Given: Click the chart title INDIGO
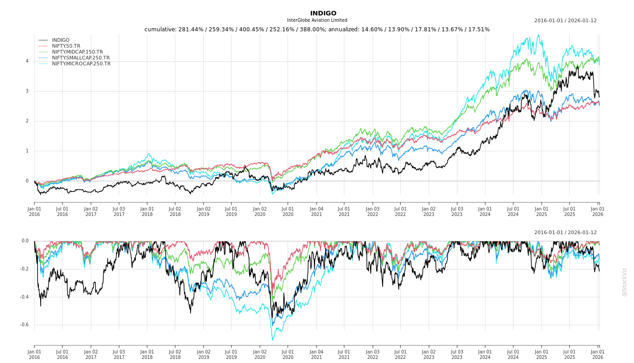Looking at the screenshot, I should [x=323, y=13].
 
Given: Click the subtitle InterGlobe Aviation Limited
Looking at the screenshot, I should [x=317, y=20].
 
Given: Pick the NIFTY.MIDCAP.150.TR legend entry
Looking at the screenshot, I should [x=77, y=52].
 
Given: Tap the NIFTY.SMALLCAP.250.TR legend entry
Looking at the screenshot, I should [x=81, y=58].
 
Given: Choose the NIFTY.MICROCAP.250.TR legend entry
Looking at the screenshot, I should [x=81, y=64].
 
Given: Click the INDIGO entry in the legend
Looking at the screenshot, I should [x=61, y=40].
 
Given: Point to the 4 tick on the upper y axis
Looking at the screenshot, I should [x=27, y=61].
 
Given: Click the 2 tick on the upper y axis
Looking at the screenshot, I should [x=27, y=121].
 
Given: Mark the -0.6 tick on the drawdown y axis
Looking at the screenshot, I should [x=24, y=325].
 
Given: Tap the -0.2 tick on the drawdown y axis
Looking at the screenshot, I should [x=24, y=269].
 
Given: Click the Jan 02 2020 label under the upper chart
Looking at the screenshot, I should [x=259, y=211].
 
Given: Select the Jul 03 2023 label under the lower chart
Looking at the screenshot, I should [x=457, y=354].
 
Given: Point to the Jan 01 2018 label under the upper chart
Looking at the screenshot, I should [x=147, y=211].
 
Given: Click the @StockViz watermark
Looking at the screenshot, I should [x=624, y=282].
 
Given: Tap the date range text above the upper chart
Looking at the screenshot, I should [x=565, y=20].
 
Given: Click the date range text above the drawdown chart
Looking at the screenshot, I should [x=565, y=232].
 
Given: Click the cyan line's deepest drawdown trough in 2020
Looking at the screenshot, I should [x=273, y=340].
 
